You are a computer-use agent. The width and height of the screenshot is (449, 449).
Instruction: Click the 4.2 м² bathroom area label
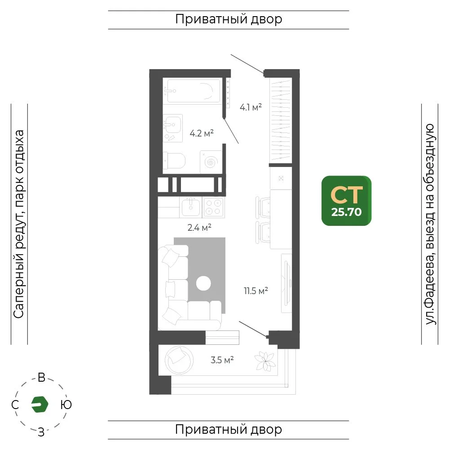(x=202, y=133)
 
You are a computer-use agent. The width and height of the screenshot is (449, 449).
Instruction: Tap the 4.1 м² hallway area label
(x=251, y=107)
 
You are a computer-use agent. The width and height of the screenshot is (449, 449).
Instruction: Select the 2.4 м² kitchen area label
(x=199, y=228)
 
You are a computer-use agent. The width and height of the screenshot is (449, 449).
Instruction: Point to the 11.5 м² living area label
(x=256, y=291)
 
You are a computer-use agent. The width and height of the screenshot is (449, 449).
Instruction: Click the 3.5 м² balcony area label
(x=222, y=360)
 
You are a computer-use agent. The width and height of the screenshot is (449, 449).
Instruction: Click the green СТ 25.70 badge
(x=347, y=201)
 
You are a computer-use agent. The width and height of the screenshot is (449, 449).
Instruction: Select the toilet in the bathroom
(x=174, y=161)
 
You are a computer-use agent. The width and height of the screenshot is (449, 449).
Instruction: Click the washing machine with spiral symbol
(x=211, y=162)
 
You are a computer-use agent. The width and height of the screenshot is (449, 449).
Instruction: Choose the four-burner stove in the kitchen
(x=213, y=207)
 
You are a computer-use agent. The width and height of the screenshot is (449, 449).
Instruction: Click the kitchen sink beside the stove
(x=191, y=207)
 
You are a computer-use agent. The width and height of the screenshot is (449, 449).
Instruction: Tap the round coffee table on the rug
(x=203, y=283)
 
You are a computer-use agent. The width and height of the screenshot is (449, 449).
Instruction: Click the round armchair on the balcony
(x=179, y=360)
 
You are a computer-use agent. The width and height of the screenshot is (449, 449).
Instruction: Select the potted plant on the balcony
(x=265, y=361)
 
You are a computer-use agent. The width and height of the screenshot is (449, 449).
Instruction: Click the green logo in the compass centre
(x=40, y=405)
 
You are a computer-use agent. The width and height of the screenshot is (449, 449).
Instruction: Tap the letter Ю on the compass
(x=66, y=405)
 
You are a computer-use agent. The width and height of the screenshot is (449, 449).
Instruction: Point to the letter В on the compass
(x=42, y=378)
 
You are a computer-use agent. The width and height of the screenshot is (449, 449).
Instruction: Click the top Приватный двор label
(x=229, y=19)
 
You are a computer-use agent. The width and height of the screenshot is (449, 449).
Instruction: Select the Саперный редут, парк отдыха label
(x=19, y=224)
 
